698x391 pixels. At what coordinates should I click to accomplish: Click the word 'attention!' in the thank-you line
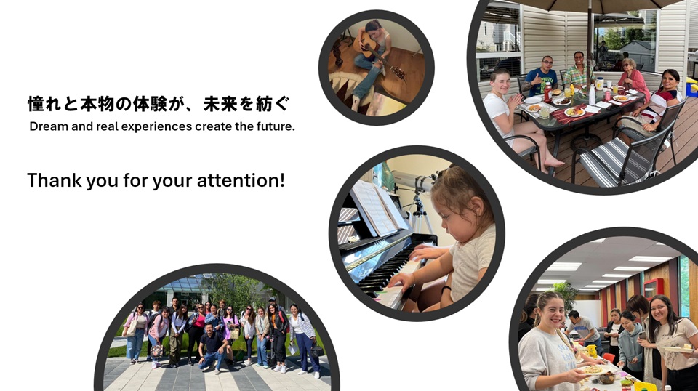(241, 180)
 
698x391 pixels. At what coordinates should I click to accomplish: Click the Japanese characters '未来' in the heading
(220, 104)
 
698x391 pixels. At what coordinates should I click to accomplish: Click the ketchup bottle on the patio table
(547, 92)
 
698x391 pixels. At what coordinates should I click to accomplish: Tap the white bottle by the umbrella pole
(592, 95)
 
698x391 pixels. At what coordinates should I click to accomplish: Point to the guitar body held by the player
(368, 45)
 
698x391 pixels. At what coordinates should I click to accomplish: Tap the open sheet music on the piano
(378, 207)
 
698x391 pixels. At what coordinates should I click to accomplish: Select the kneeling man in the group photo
(213, 347)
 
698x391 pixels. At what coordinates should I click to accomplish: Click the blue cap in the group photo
(272, 299)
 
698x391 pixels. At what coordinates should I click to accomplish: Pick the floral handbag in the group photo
(157, 351)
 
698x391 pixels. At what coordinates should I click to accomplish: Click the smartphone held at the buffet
(641, 335)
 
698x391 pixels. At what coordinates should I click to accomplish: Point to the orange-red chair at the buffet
(609, 358)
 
